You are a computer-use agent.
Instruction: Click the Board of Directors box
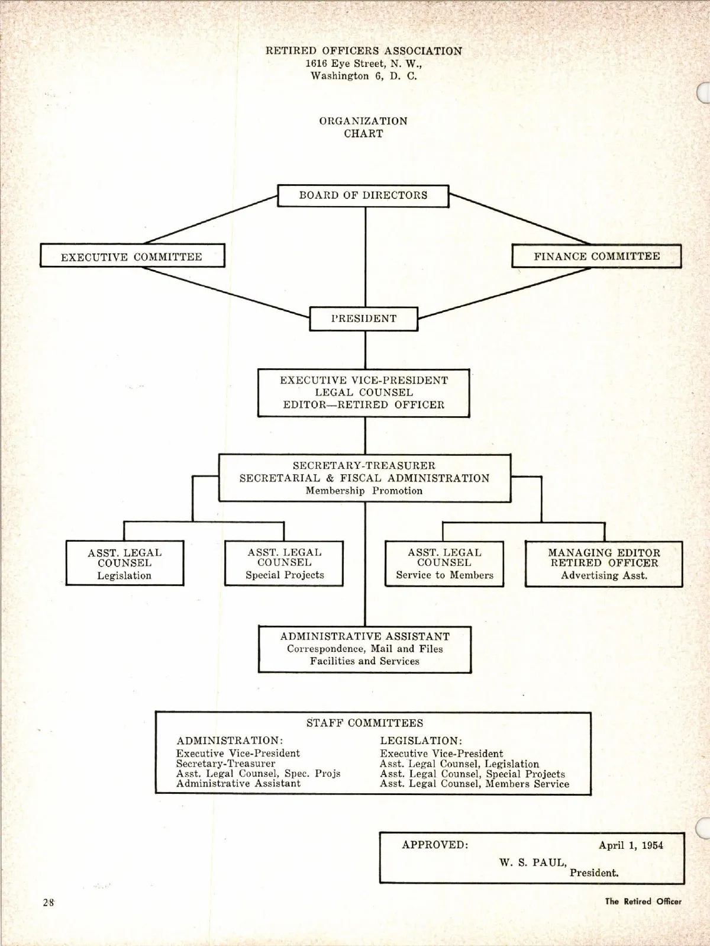(x=363, y=195)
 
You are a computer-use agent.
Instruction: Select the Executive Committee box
(x=132, y=256)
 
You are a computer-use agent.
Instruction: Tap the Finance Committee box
(x=596, y=256)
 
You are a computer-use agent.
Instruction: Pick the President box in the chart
(x=363, y=318)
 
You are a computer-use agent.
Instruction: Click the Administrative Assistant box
(x=364, y=649)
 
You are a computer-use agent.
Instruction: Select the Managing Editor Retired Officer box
(x=603, y=563)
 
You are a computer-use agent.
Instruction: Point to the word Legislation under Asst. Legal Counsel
(x=124, y=575)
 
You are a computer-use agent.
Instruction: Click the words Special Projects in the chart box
(x=285, y=575)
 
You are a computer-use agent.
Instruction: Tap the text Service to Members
(x=444, y=575)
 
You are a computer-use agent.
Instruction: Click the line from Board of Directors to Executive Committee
(x=210, y=220)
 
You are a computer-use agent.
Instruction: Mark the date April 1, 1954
(x=631, y=845)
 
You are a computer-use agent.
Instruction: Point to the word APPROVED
(x=435, y=845)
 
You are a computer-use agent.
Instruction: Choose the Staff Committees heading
(x=364, y=723)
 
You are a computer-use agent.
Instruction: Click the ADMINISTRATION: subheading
(x=230, y=741)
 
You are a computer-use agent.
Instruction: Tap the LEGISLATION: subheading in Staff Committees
(x=421, y=741)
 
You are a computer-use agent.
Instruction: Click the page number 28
(x=49, y=902)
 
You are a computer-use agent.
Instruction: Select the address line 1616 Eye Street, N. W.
(x=363, y=63)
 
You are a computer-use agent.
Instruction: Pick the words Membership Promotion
(x=364, y=491)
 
